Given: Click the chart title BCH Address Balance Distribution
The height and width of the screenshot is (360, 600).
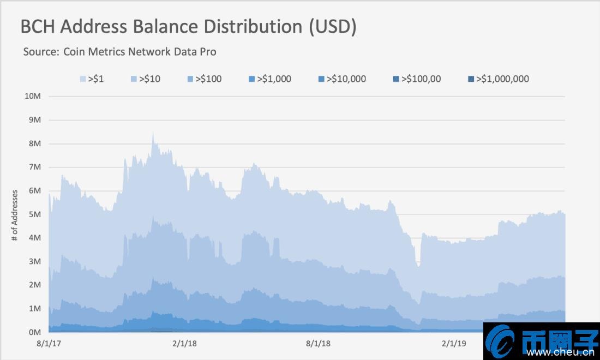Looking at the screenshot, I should tap(188, 27).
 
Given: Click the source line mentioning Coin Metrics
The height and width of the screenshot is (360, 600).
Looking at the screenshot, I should tap(119, 52).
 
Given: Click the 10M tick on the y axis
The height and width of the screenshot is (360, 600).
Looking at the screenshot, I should tap(33, 96).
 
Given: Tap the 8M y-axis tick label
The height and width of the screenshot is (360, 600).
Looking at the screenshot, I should tap(34, 143).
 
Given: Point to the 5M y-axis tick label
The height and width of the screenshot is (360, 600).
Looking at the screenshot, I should tap(34, 214).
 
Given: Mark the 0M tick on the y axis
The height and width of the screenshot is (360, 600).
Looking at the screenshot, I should tap(34, 332).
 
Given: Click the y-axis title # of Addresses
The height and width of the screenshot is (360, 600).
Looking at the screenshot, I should tap(15, 215).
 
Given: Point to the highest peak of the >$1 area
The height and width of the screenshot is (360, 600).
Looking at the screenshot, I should tap(153, 133).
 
